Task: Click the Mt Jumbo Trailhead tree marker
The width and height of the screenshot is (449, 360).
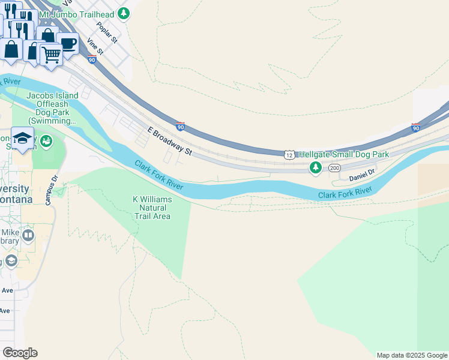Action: pyautogui.click(x=123, y=13)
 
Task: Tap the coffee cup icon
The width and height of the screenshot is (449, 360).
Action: pyautogui.click(x=68, y=43)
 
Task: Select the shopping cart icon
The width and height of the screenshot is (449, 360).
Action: pyautogui.click(x=51, y=54)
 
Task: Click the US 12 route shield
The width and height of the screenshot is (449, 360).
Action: pyautogui.click(x=289, y=154)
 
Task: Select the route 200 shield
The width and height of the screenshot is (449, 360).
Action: pyautogui.click(x=334, y=168)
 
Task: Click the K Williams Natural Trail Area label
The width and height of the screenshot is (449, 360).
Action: pyautogui.click(x=152, y=208)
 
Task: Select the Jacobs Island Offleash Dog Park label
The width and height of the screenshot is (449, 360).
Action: pyautogui.click(x=52, y=109)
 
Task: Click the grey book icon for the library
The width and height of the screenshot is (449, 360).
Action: pyautogui.click(x=28, y=236)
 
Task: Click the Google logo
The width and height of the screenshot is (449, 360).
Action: pyautogui.click(x=20, y=353)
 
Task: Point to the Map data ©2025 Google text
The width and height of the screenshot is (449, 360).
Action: pyautogui.click(x=412, y=355)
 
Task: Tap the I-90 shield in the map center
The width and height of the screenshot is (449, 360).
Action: pyautogui.click(x=180, y=127)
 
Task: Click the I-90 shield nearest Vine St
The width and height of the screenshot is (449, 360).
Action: pyautogui.click(x=91, y=59)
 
